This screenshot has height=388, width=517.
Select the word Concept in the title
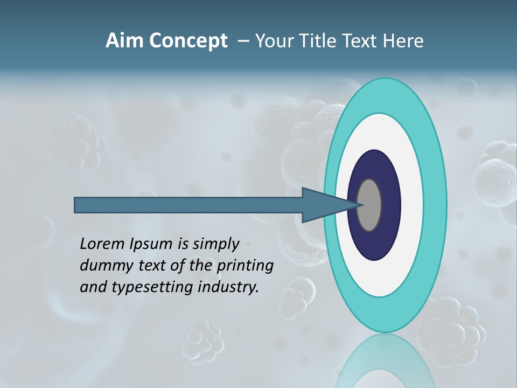(x=188, y=41)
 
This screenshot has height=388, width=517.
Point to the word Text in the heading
(x=361, y=41)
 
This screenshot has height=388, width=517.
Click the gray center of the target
(x=369, y=205)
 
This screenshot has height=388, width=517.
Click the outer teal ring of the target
(x=435, y=205)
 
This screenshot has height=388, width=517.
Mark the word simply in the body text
(x=216, y=245)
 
